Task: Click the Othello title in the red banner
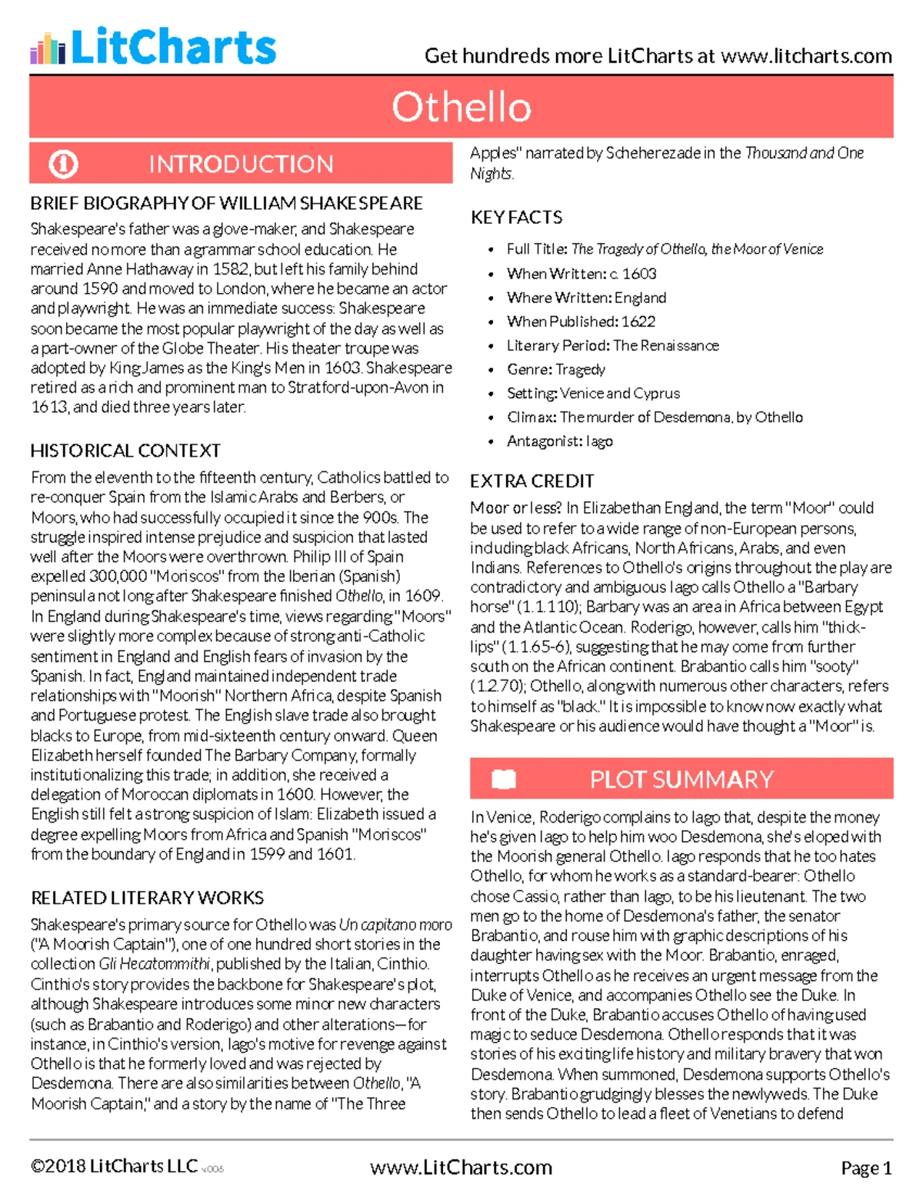pos(461,107)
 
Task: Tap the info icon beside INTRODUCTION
pos(63,164)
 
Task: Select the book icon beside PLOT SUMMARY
pos(504,779)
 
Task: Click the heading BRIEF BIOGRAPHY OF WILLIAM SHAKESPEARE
pos(226,204)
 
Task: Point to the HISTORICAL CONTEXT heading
pos(125,451)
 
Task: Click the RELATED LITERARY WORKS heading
pos(147,898)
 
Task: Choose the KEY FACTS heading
pos(516,218)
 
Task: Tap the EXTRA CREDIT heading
pos(531,481)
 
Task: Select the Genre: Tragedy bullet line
pos(555,370)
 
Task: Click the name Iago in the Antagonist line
pos(598,441)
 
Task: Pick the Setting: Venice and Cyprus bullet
pos(593,394)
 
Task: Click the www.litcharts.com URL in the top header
pos(806,56)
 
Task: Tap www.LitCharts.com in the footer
pos(461,1167)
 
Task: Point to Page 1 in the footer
pos(866,1168)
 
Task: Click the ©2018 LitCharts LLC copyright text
pos(114,1166)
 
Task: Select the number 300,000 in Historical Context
pos(118,577)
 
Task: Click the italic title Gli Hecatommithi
pos(156,964)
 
